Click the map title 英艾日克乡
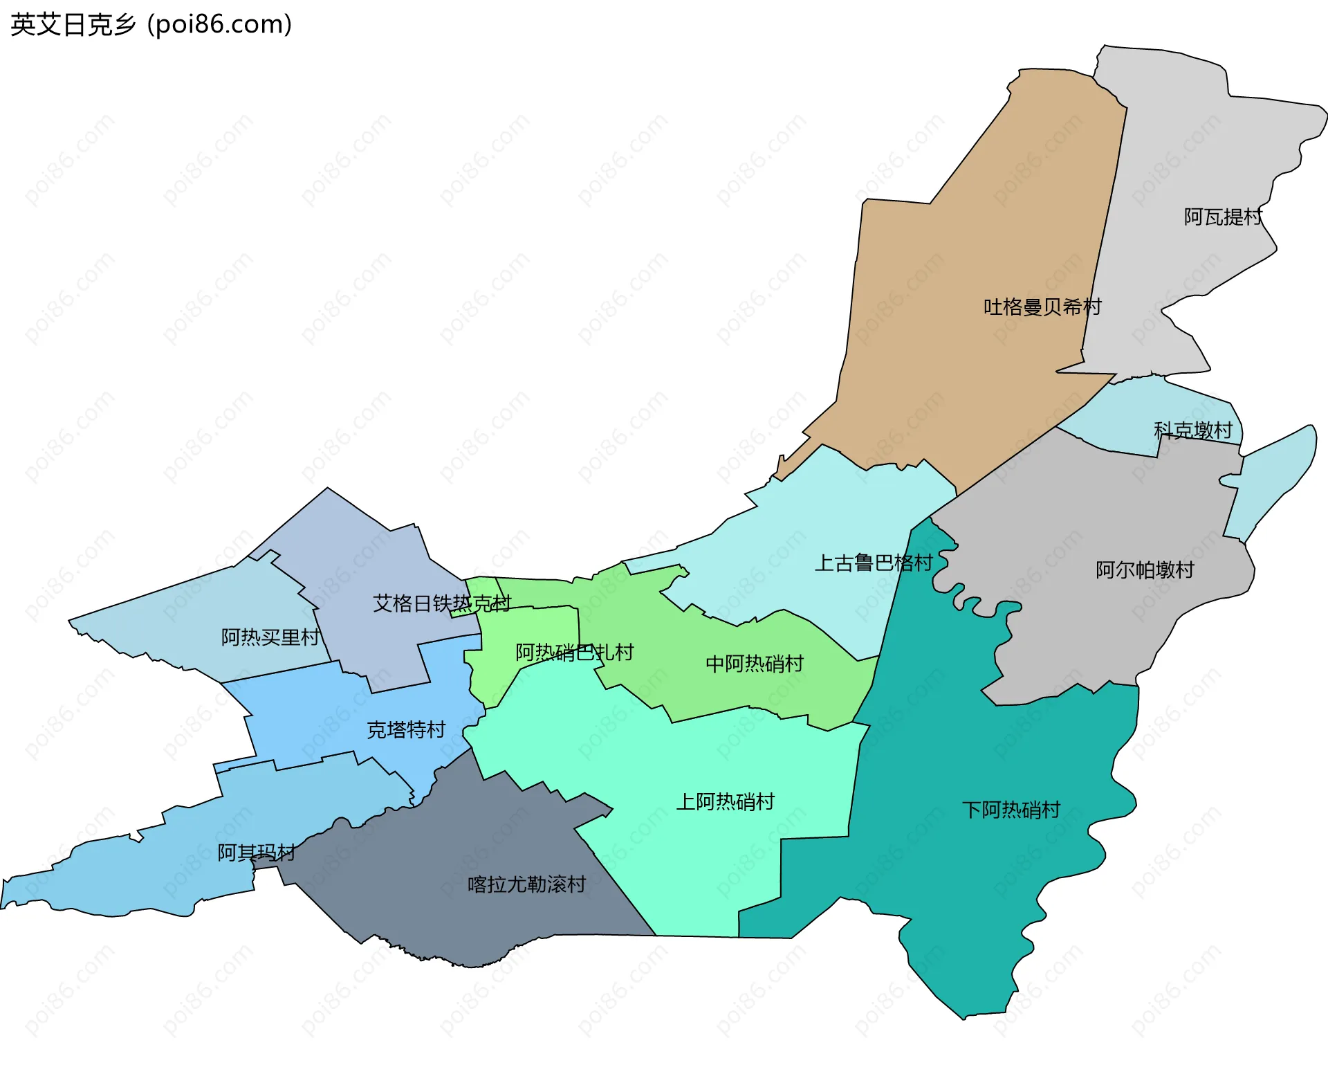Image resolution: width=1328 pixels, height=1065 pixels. pyautogui.click(x=73, y=25)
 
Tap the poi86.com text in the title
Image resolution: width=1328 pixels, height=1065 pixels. pyautogui.click(x=220, y=25)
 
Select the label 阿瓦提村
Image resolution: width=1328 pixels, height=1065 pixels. pyautogui.click(x=1223, y=217)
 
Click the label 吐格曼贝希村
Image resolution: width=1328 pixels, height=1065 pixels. pyautogui.click(x=1042, y=307)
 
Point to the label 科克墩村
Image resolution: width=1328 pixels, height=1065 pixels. pyautogui.click(x=1192, y=430)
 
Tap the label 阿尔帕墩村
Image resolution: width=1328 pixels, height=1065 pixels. pyautogui.click(x=1145, y=570)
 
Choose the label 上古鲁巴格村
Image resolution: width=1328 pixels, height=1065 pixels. pyautogui.click(x=874, y=563)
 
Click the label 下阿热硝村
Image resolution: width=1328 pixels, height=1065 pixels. pyautogui.click(x=1011, y=810)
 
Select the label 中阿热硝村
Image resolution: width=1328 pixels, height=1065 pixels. pyautogui.click(x=754, y=664)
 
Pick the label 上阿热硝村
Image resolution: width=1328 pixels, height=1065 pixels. pyautogui.click(x=725, y=801)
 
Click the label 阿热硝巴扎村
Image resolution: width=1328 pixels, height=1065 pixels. pyautogui.click(x=574, y=652)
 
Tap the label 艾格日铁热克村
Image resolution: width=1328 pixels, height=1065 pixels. pyautogui.click(x=441, y=603)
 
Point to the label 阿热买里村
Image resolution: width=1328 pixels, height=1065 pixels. pyautogui.click(x=270, y=637)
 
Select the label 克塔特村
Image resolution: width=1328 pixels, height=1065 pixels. pyautogui.click(x=406, y=729)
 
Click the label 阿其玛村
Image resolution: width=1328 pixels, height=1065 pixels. pyautogui.click(x=256, y=852)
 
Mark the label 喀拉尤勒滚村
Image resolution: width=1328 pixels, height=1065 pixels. pyautogui.click(x=526, y=884)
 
